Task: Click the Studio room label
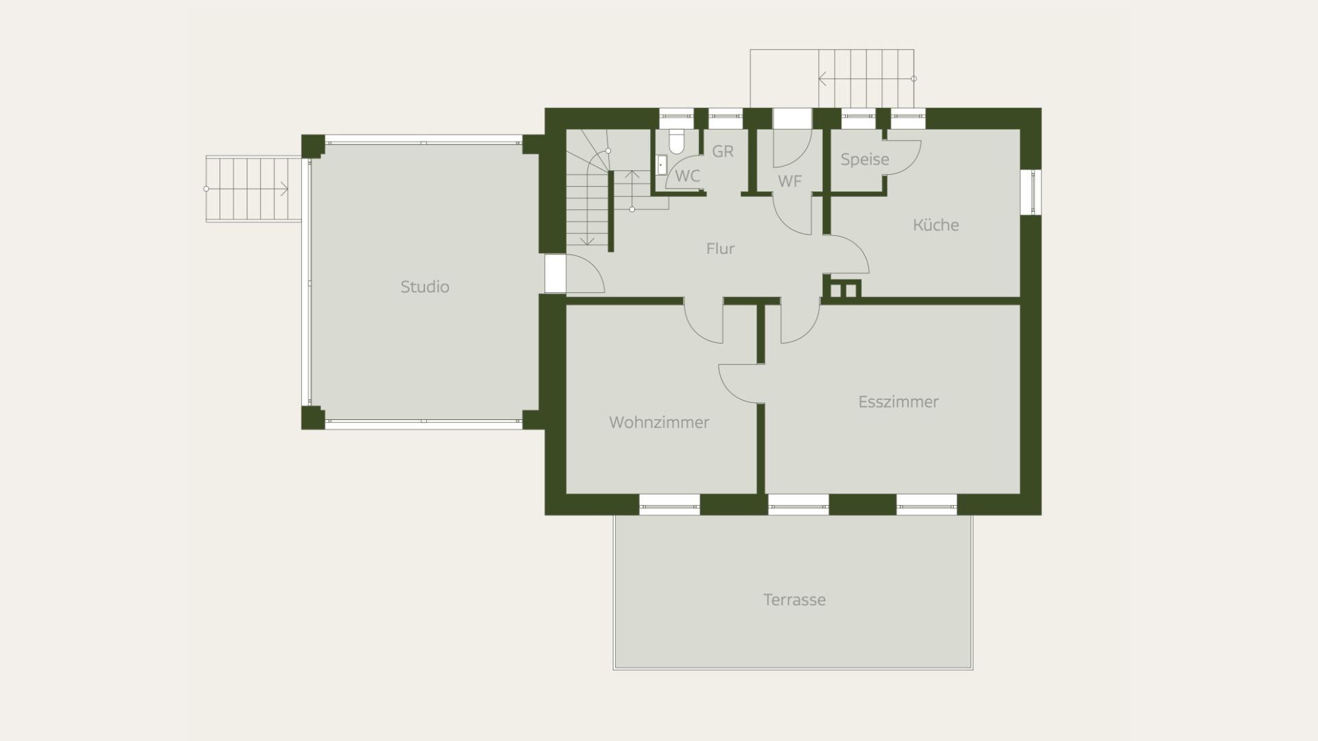(x=425, y=287)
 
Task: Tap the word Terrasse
(x=794, y=600)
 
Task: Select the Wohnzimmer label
(x=659, y=422)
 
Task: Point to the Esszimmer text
(x=898, y=401)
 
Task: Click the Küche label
(x=936, y=224)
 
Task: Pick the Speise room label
(x=865, y=159)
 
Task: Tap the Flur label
(x=720, y=248)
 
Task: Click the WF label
(x=790, y=181)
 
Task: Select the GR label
(x=723, y=151)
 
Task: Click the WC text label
(x=687, y=176)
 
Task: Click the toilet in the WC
(x=676, y=140)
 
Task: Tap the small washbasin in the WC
(x=661, y=165)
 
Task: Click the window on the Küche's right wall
(x=1030, y=192)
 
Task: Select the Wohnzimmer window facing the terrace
(x=669, y=504)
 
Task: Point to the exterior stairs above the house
(x=833, y=78)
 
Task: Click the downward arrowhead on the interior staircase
(x=587, y=241)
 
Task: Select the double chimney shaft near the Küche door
(x=843, y=289)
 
